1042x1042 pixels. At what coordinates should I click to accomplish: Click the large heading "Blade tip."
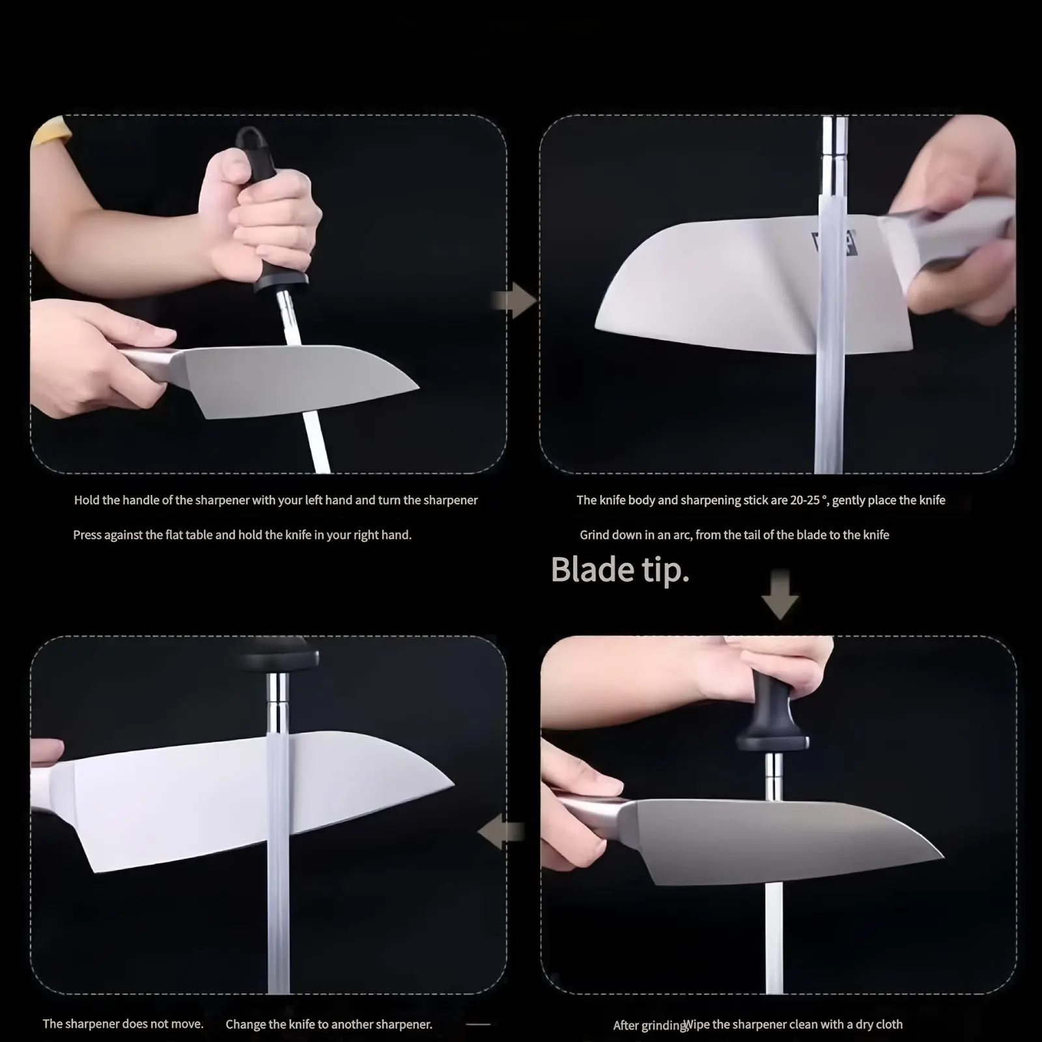point(620,570)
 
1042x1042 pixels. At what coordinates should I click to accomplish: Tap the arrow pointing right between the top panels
point(514,301)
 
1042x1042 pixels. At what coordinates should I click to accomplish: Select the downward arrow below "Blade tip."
point(780,595)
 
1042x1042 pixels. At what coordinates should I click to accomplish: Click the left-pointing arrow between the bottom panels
point(501,832)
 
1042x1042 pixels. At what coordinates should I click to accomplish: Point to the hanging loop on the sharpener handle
point(248,139)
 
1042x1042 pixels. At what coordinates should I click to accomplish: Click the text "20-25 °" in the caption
point(808,500)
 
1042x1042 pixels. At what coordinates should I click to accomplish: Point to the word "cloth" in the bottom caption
point(889,1024)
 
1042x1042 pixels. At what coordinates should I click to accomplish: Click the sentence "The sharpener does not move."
point(123,1024)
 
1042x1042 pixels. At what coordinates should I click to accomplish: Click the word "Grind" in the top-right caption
point(595,535)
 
